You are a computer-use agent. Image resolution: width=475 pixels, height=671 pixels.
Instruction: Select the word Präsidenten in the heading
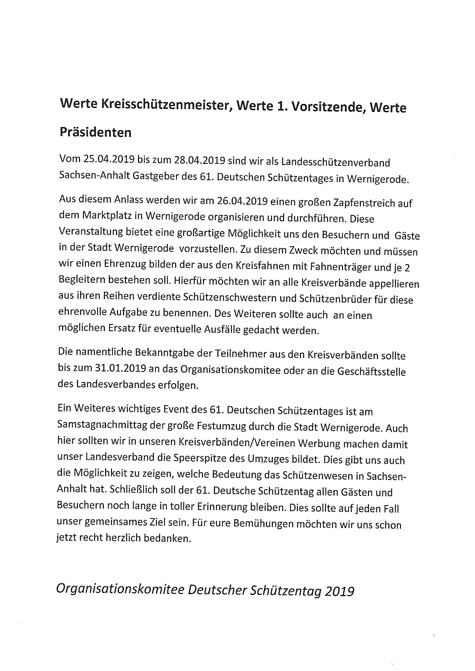96,132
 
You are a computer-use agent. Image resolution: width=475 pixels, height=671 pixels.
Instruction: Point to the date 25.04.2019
109,159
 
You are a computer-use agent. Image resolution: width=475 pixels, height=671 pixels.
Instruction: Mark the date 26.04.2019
243,202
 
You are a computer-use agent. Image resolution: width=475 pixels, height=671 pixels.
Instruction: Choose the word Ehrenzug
123,264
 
